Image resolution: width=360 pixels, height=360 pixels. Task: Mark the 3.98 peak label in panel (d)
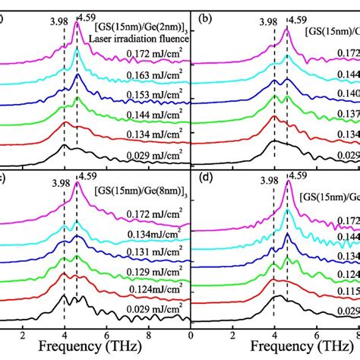pyautogui.click(x=268, y=181)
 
